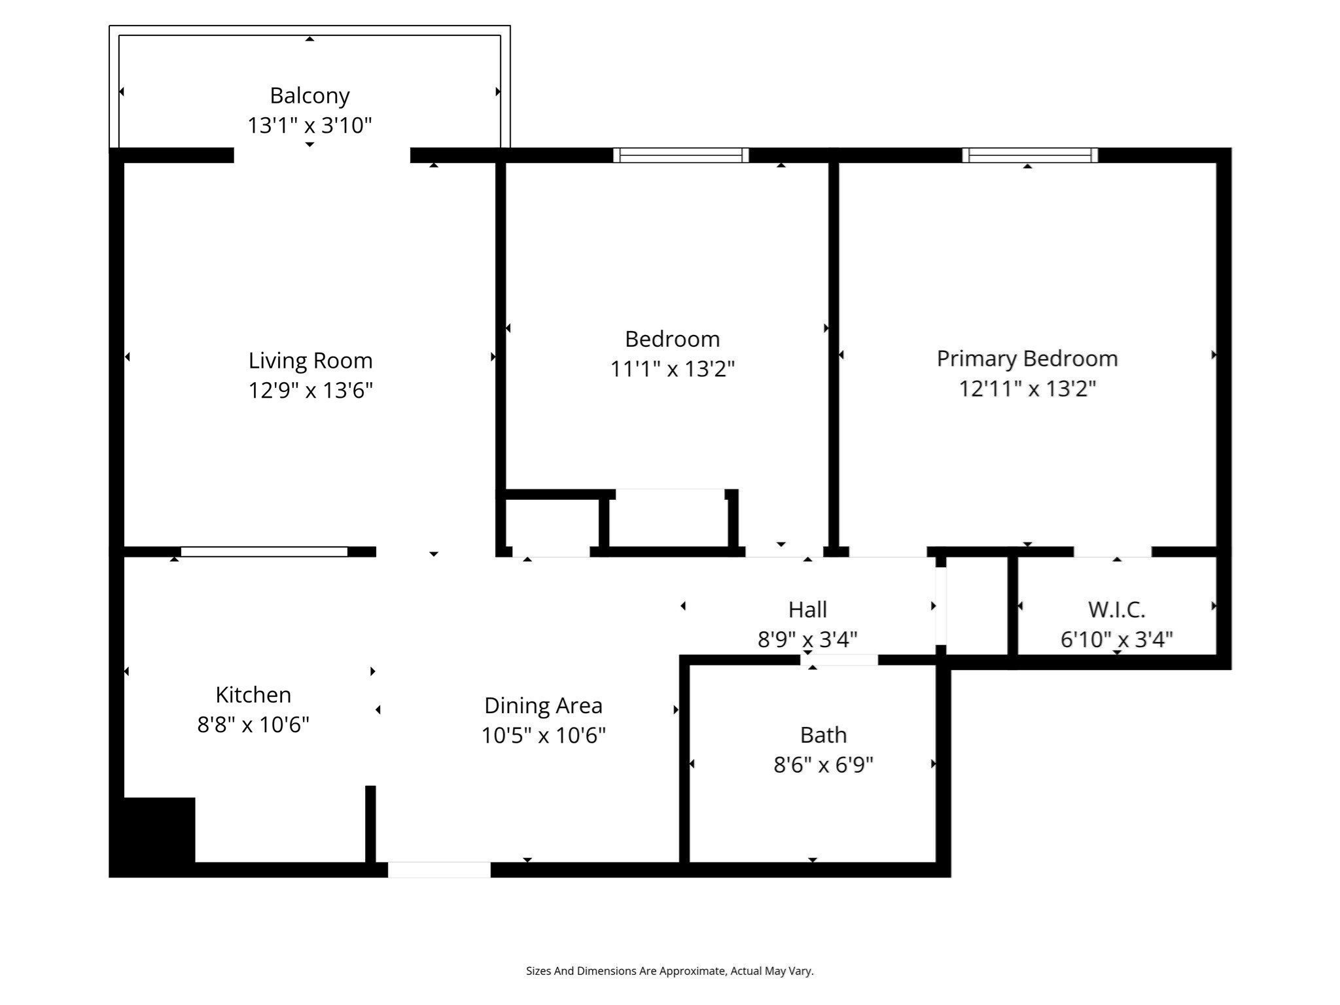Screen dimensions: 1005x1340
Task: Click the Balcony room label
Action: tap(309, 96)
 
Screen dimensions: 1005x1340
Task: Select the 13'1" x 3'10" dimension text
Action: tap(309, 125)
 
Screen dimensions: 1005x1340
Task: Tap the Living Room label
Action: tap(310, 361)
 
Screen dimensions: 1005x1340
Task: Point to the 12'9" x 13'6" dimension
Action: tap(310, 391)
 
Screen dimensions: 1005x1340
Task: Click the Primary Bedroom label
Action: tap(1027, 359)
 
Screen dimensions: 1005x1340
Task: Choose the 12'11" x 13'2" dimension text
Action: tap(1027, 389)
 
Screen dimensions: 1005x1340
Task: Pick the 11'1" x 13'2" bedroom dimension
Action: tap(672, 369)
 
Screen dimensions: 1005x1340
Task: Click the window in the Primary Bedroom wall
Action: tap(1029, 155)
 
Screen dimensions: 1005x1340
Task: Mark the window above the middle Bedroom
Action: tap(680, 155)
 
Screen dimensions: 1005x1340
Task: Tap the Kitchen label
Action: tap(253, 694)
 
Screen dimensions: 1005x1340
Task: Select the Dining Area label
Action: tap(543, 705)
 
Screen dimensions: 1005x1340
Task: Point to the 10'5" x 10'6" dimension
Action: tap(543, 735)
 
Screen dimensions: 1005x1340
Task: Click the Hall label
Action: tap(807, 609)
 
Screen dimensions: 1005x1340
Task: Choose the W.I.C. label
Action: tap(1116, 609)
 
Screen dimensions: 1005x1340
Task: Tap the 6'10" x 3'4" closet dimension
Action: tap(1116, 639)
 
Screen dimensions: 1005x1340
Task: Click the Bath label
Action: tap(823, 735)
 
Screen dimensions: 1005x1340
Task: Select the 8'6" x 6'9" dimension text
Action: tap(823, 764)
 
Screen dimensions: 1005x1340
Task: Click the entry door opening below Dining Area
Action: tap(439, 870)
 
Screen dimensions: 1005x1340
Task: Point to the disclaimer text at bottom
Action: tap(669, 971)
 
